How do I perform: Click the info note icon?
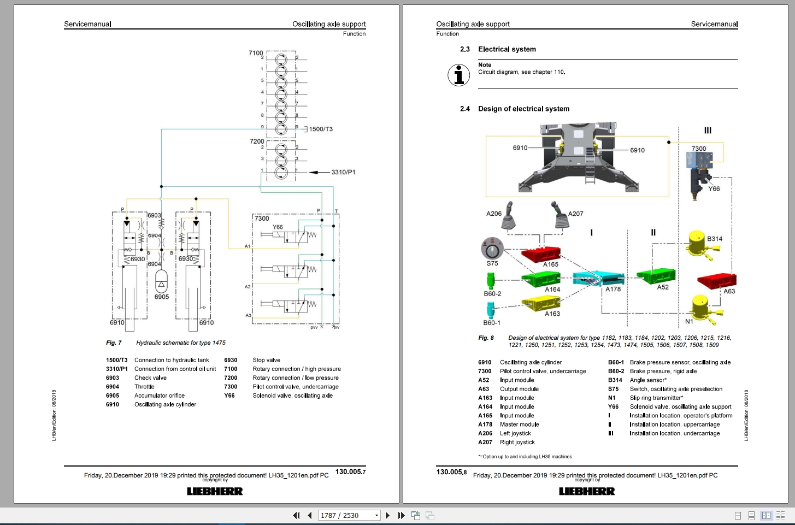[x=458, y=75]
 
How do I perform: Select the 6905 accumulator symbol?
[x=161, y=281]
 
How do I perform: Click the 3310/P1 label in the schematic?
[x=343, y=172]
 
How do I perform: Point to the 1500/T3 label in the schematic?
[x=321, y=129]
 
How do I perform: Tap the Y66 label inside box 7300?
[x=278, y=227]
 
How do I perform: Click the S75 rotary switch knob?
[x=492, y=249]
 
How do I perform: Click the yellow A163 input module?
[x=541, y=304]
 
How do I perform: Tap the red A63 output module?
[x=716, y=280]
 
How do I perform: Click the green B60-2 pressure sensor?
[x=491, y=280]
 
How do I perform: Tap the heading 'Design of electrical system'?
[x=523, y=109]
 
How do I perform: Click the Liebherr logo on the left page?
[x=215, y=491]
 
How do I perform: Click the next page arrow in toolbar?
[x=387, y=515]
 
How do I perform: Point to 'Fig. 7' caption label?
[x=114, y=343]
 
